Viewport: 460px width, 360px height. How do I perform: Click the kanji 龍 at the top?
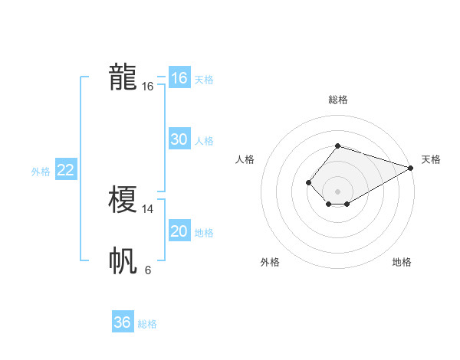tap(123, 77)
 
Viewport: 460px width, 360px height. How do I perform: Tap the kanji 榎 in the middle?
tap(123, 201)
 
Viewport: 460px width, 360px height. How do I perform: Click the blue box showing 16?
tap(179, 78)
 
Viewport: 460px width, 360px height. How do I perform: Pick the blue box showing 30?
tap(179, 139)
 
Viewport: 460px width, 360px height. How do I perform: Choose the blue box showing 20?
tap(179, 231)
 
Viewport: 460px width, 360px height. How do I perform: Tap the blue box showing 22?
tap(65, 170)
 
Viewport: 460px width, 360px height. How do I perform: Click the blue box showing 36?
tap(122, 322)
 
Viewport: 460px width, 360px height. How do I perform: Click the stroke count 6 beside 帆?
tap(148, 270)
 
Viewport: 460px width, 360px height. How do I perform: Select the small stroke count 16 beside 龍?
tap(148, 87)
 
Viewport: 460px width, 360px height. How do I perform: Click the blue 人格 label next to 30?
tap(204, 141)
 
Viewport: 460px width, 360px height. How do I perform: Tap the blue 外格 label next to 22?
tap(41, 172)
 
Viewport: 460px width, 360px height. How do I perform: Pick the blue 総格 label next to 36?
tap(147, 324)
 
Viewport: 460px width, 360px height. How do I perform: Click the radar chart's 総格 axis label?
tap(337, 100)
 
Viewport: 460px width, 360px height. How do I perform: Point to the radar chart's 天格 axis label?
tap(431, 159)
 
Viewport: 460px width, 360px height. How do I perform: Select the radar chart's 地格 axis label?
tap(402, 262)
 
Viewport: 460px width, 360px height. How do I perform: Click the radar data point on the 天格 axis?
tap(411, 169)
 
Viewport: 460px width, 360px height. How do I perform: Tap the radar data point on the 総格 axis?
tap(337, 146)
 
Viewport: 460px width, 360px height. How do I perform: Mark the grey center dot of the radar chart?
tap(337, 191)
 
